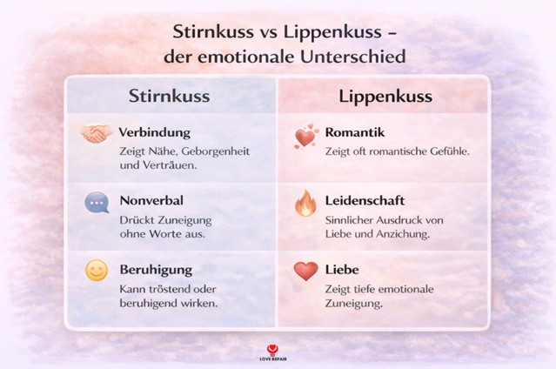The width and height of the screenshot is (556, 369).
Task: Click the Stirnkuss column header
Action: point(169,96)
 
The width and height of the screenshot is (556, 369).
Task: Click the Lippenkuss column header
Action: point(372,96)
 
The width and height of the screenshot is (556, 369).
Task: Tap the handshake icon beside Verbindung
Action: point(97,135)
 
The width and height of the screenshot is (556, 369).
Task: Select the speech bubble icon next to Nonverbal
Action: point(96,203)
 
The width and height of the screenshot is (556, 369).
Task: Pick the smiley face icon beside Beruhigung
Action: point(96,271)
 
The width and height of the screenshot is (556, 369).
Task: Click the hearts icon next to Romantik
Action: point(305,137)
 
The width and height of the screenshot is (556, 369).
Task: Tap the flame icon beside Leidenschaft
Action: point(305,204)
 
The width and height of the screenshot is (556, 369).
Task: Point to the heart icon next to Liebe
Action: point(305,271)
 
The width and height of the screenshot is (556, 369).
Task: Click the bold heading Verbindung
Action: point(154,132)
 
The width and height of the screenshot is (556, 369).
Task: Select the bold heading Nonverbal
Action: point(151,200)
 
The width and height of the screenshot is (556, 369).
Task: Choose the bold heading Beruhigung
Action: point(156,269)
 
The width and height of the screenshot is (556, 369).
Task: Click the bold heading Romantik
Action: point(354,132)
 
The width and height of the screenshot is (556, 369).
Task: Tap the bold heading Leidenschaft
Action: point(364,200)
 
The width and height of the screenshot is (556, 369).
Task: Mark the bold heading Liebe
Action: point(341,269)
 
